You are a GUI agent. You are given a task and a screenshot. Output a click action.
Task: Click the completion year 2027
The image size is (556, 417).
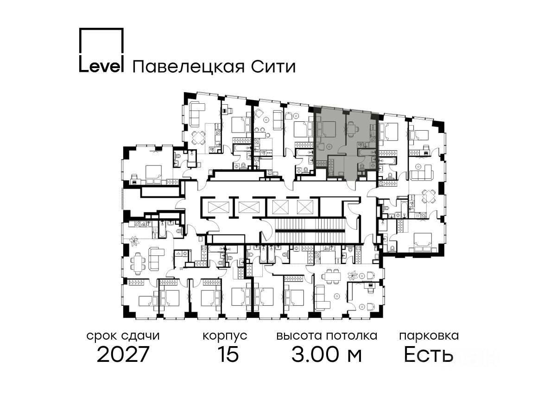(x=123, y=355)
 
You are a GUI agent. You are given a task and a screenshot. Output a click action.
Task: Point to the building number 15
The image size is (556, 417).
(x=228, y=355)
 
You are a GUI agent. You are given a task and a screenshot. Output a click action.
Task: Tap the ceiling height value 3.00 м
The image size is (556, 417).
(x=326, y=355)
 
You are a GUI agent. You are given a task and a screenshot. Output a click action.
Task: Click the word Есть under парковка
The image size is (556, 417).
(x=428, y=355)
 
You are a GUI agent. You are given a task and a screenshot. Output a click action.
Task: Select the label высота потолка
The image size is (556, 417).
(x=326, y=335)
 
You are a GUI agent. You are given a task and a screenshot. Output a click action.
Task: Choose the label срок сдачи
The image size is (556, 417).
(x=123, y=335)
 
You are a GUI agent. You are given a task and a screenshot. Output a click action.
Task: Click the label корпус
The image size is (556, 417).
(x=225, y=335)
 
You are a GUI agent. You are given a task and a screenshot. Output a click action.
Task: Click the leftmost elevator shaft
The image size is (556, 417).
(x=216, y=207)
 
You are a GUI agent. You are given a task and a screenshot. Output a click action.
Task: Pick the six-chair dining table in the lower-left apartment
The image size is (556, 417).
(x=138, y=263)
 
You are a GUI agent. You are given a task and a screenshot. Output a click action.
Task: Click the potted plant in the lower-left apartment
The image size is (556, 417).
(x=135, y=241)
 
